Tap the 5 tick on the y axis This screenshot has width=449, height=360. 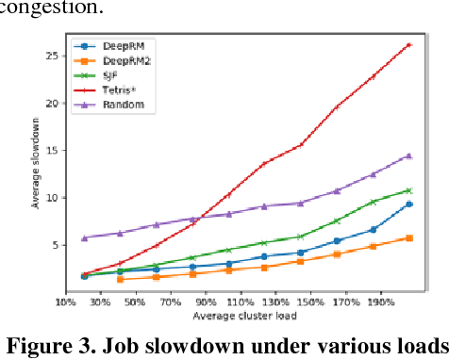click(x=55, y=245)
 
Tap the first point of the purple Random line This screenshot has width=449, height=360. click(x=84, y=237)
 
